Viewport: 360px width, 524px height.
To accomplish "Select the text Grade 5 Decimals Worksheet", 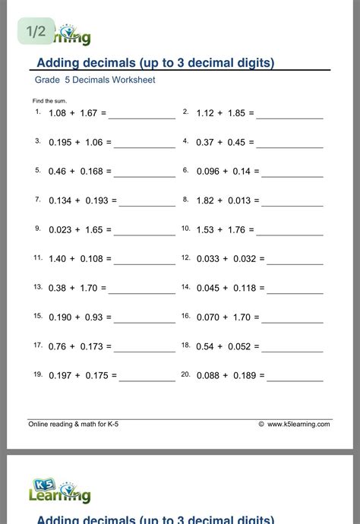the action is coord(94,80).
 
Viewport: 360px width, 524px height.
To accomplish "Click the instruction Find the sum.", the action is coord(49,101).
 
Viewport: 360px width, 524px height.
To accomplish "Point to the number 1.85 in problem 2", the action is coord(235,114).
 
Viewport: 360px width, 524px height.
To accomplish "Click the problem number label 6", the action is coord(185,170).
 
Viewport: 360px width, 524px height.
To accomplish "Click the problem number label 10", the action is coord(185,228).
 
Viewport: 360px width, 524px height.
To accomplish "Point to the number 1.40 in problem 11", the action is coord(57,259).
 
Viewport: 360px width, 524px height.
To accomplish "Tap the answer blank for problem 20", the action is coord(292,377).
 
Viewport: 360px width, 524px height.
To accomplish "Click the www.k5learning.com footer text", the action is coord(298,425).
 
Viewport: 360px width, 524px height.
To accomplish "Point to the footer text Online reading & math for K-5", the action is coord(73,425).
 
